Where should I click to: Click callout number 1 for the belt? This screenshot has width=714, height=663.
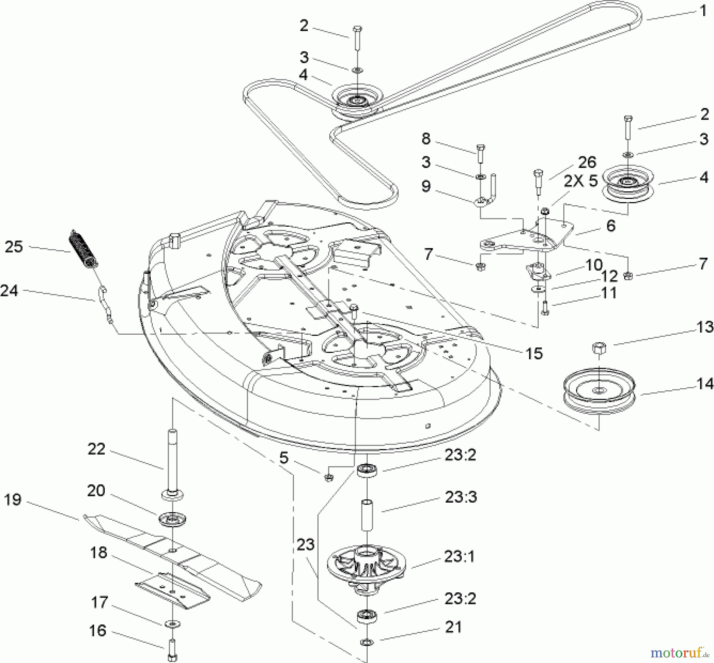703,11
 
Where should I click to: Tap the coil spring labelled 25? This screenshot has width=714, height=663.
84,249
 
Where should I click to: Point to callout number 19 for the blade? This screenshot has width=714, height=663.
13,499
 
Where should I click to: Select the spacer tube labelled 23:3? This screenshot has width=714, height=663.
367,515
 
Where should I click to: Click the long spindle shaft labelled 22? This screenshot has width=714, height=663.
173,463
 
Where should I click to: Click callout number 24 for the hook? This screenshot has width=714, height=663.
10,291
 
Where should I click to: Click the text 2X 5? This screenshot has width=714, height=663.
581,181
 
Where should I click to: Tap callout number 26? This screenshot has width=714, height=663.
587,162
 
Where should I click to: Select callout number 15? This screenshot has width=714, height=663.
534,353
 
